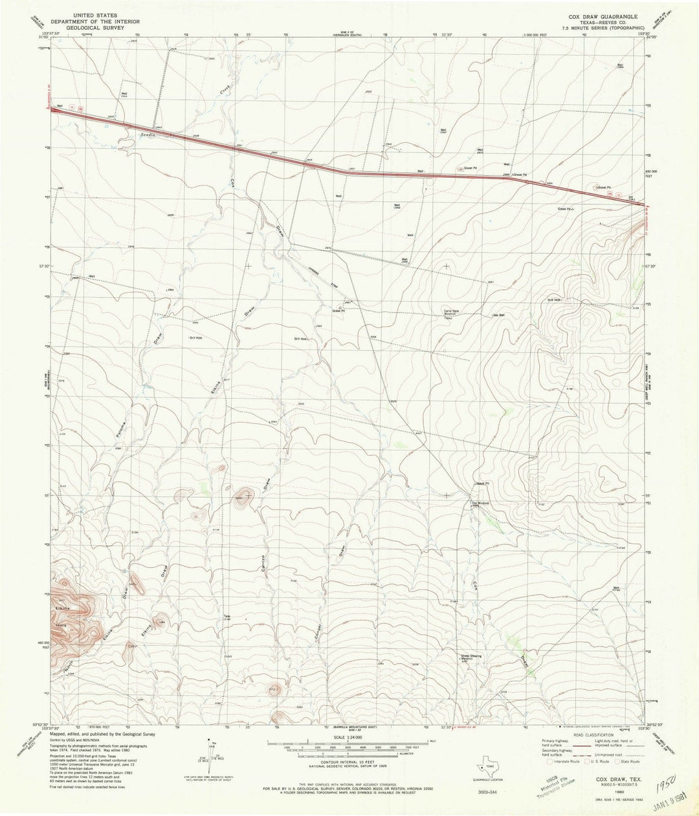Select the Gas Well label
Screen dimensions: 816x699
coord(499,316)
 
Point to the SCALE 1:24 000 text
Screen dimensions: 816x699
coord(348,736)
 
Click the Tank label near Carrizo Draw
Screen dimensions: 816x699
coord(227,616)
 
